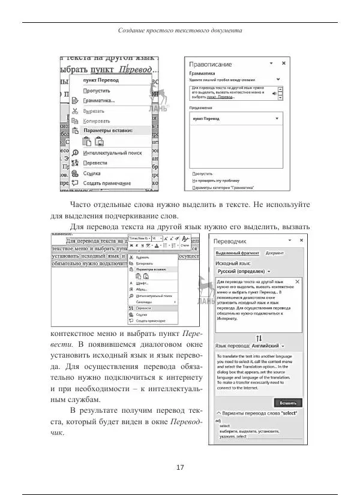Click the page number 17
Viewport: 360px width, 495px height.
coord(180,467)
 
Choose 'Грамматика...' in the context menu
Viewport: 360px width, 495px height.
coord(100,100)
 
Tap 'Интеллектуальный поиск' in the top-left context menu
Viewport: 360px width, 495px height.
coord(113,152)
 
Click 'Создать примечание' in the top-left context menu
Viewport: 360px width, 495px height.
coord(107,183)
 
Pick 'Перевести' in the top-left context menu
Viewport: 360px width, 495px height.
coord(96,163)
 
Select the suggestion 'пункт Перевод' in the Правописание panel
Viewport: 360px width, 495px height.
coord(206,119)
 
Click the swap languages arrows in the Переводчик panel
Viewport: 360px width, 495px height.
coord(259,338)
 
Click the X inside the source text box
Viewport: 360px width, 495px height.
coord(298,281)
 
